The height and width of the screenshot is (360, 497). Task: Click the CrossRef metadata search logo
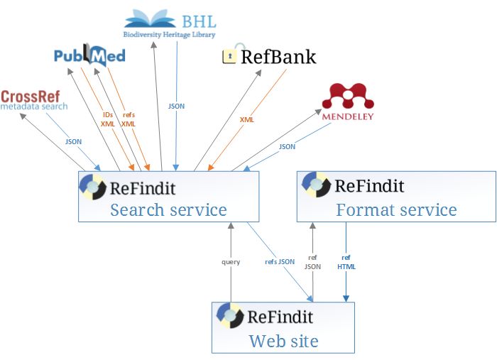[34, 100]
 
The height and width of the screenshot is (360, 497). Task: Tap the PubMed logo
[89, 55]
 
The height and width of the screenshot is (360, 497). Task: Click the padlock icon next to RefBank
[229, 57]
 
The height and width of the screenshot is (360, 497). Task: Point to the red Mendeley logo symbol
[348, 97]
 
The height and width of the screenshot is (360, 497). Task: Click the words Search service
[168, 209]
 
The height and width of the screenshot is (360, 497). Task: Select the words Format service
[396, 209]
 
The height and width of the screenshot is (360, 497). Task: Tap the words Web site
[283, 341]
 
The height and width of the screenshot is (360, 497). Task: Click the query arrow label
[231, 262]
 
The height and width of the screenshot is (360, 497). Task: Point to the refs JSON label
[280, 262]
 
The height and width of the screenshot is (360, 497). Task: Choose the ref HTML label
[346, 262]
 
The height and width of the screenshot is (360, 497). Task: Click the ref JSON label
[312, 262]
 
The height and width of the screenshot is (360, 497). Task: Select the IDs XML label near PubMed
[108, 119]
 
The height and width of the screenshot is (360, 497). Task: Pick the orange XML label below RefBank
[246, 120]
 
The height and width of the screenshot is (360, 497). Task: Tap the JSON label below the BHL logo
[176, 106]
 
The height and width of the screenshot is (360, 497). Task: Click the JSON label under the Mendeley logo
[287, 146]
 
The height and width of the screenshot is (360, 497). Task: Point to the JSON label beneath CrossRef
[73, 141]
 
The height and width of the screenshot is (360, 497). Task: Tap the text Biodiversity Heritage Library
[169, 34]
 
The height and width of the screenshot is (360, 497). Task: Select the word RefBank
[278, 58]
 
